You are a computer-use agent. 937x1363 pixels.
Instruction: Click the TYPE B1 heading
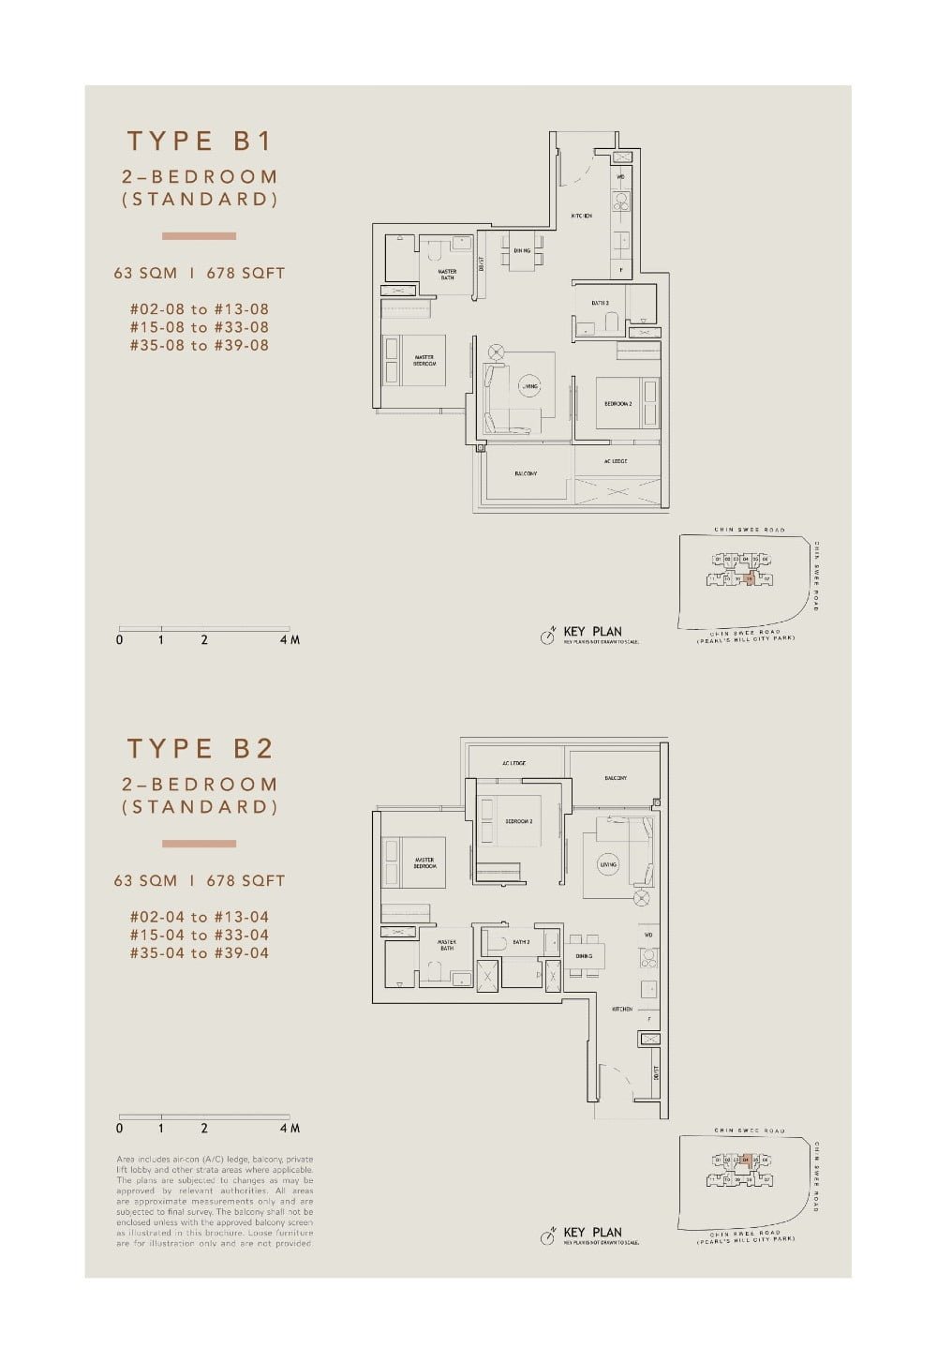click(200, 142)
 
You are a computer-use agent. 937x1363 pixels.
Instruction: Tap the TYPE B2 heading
click(200, 749)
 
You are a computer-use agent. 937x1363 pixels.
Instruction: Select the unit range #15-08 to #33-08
click(199, 327)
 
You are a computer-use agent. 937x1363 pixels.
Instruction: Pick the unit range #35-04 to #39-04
click(199, 953)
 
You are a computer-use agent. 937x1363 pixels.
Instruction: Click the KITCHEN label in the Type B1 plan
click(581, 217)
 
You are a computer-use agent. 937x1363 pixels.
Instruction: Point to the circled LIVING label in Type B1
click(530, 386)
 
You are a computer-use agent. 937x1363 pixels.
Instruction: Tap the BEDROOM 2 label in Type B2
click(518, 821)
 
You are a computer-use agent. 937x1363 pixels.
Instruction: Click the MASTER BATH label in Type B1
click(447, 275)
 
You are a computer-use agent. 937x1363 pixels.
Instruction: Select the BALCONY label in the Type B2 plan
click(616, 778)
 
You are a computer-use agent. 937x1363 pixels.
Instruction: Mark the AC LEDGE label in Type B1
click(616, 461)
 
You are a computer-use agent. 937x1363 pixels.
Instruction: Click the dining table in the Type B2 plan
click(584, 956)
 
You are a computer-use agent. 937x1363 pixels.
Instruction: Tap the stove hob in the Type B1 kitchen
click(620, 202)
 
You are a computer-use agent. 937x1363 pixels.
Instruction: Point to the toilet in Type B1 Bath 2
click(612, 323)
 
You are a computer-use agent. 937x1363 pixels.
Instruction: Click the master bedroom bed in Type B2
click(413, 862)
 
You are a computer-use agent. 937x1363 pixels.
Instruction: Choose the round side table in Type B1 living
click(496, 352)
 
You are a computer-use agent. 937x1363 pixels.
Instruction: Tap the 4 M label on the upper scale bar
click(290, 640)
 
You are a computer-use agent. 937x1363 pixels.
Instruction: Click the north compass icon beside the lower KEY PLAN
click(548, 1237)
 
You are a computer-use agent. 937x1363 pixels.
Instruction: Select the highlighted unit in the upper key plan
click(749, 579)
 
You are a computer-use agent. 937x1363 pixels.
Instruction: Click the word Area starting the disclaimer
click(126, 1160)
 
